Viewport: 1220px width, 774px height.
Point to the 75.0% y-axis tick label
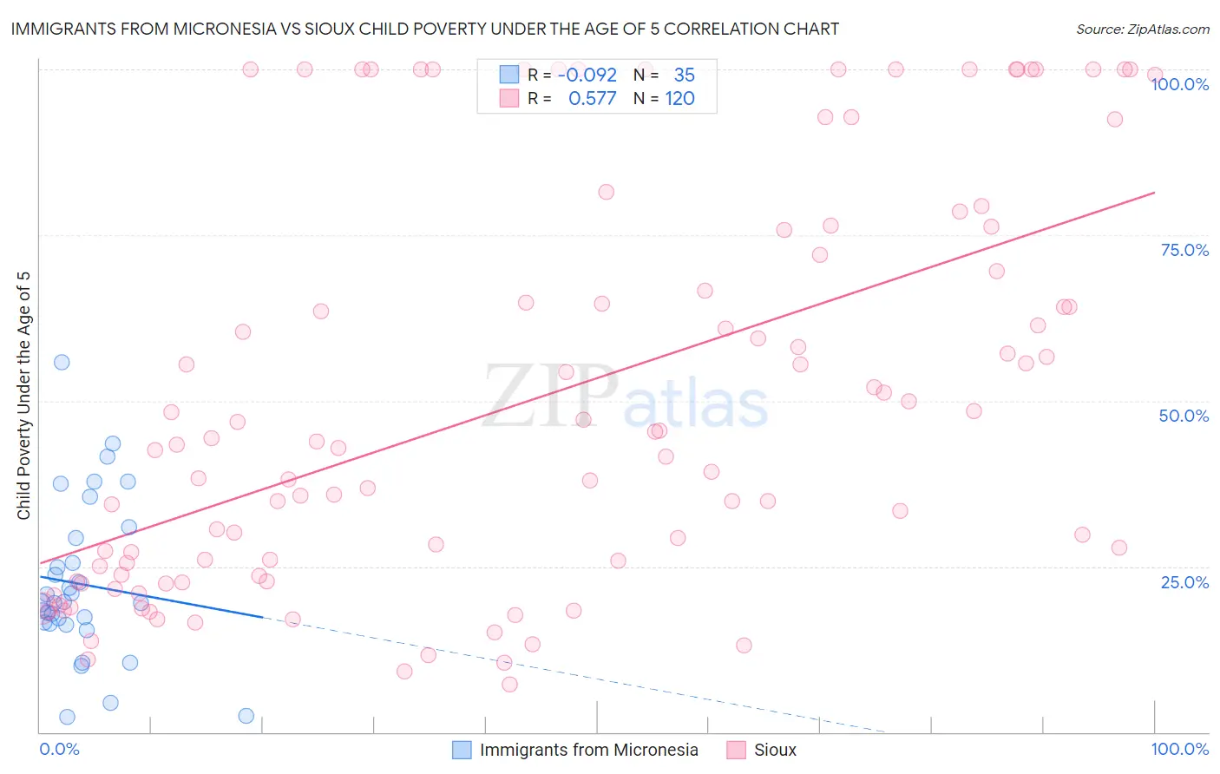[1184, 250]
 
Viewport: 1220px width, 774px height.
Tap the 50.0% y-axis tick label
[1184, 416]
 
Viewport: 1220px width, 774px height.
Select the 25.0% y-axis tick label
[1184, 581]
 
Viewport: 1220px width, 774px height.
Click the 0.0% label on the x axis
[59, 749]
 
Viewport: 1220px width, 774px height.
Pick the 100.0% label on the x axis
[1179, 749]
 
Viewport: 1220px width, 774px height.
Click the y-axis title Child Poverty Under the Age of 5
[23, 396]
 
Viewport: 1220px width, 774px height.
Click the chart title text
[424, 29]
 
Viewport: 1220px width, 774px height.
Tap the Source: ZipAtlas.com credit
[1142, 29]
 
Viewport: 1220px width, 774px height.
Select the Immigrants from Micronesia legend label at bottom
[588, 750]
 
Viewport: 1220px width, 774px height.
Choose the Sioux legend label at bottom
[775, 750]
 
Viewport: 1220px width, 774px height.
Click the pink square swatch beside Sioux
[737, 750]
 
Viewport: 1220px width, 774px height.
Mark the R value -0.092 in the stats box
[587, 75]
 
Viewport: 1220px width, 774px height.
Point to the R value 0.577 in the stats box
[592, 98]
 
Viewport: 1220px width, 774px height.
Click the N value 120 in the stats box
[679, 98]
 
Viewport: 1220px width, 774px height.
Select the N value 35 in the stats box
[684, 75]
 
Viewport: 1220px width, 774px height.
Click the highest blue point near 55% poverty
[62, 362]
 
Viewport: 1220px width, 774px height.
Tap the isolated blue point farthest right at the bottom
[246, 716]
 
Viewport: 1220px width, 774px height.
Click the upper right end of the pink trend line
[1154, 193]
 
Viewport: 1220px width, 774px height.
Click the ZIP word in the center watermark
[550, 396]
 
